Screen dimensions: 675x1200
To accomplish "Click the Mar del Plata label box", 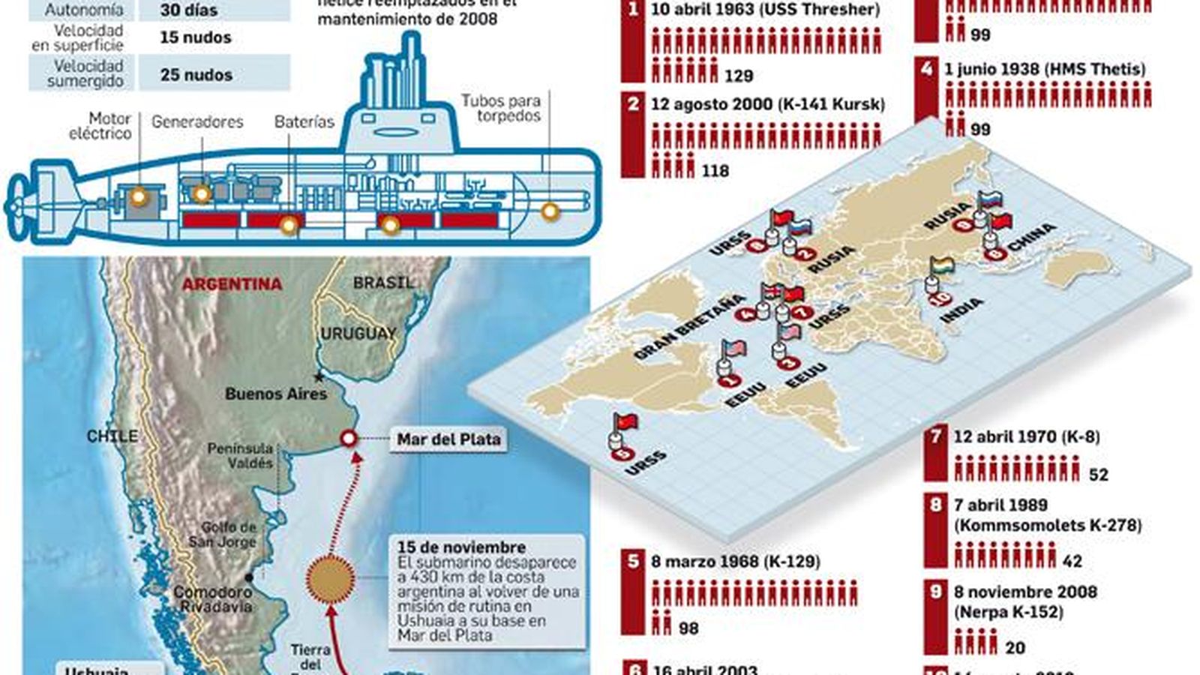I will pos(448,439).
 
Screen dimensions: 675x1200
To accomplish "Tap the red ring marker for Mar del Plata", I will pos(349,439).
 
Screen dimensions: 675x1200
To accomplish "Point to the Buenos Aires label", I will pos(276,394).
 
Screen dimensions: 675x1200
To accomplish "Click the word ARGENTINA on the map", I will pos(232,284).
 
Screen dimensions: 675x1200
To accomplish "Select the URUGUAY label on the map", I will pos(358,334).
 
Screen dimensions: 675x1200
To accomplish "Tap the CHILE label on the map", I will pos(112,436).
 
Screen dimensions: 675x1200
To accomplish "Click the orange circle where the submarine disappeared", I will pos(331,578).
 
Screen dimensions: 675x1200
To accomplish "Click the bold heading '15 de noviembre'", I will pos(461,547).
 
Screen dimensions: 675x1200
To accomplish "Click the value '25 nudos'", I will pos(196,75).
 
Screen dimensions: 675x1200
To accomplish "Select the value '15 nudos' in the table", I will pos(196,37).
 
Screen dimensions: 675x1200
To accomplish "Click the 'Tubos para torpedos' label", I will pos(500,108).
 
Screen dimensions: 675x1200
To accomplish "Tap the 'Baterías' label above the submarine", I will pos(304,121).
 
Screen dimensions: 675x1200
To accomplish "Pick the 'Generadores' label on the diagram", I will pos(197,121).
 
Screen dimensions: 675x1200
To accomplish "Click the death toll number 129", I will pos(739,76).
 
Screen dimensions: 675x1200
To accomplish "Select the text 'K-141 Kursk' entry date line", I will pos(767,104).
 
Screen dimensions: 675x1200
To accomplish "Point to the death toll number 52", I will pos(1098,475).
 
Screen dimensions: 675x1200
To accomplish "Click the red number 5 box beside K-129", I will pos(634,561).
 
